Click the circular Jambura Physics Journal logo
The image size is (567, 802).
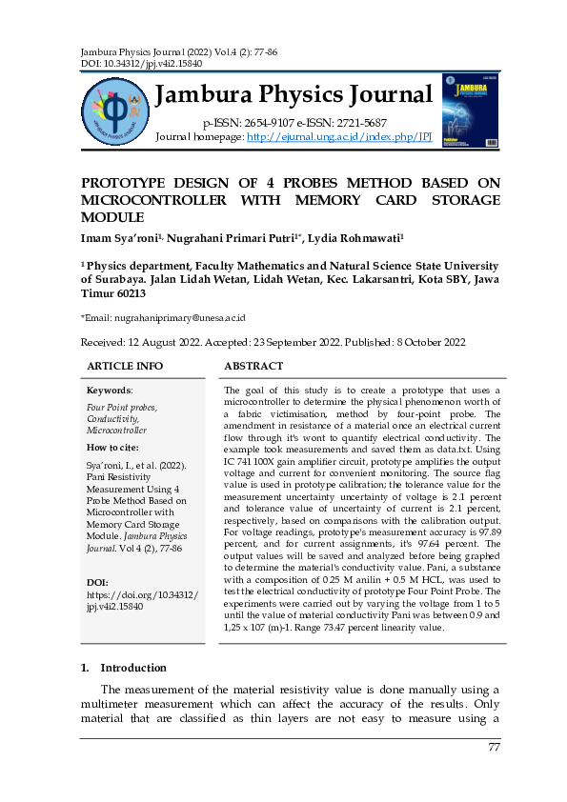[115, 110]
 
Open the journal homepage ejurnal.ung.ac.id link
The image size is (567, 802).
[339, 137]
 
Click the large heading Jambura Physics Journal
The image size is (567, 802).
[293, 95]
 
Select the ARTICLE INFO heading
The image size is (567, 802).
[125, 366]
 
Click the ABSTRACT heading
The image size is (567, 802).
[253, 366]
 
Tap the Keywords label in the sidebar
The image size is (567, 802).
[110, 391]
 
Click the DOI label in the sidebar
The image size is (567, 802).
[97, 581]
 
